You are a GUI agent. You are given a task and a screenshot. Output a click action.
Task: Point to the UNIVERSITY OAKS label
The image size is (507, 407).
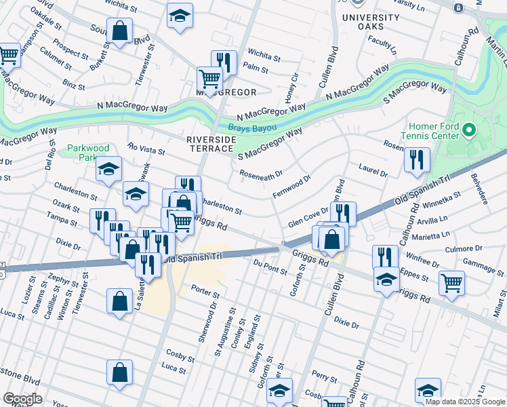(371, 22)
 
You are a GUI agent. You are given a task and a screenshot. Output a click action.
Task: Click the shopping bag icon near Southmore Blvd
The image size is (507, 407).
(119, 31)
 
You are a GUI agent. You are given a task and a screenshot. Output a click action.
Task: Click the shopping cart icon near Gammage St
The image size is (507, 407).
(451, 283)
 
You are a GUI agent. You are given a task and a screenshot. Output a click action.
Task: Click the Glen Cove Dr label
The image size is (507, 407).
(308, 218)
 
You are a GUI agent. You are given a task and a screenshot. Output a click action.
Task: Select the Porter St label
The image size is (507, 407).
(205, 292)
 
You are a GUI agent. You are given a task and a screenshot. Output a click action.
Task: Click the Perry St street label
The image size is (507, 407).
(325, 376)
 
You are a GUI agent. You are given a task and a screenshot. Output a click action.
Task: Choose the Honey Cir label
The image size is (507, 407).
(290, 87)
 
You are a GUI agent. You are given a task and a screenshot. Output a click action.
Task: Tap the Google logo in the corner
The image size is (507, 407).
(23, 399)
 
